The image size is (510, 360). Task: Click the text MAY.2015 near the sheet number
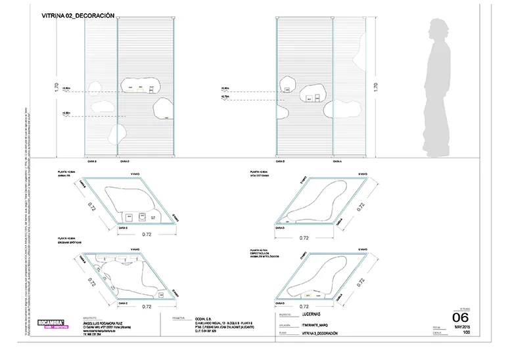point(462,327)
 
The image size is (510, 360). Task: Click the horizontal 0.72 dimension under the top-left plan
point(149,235)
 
